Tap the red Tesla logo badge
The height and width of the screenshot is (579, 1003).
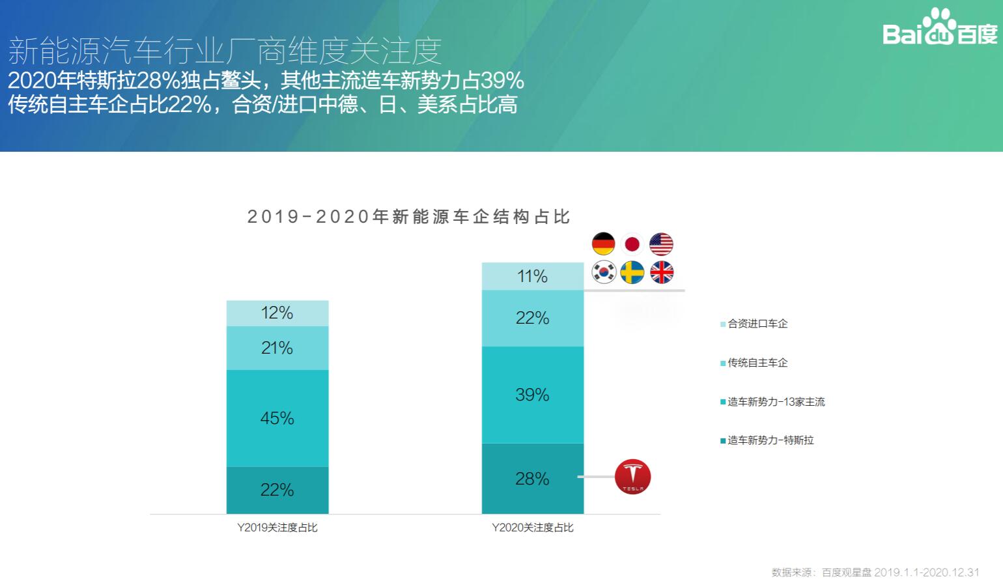coord(632,477)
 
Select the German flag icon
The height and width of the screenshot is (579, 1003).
coord(603,244)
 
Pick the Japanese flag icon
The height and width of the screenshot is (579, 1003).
coord(632,244)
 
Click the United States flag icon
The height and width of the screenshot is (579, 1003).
coord(661,244)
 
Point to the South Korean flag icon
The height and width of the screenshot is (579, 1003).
coord(604,272)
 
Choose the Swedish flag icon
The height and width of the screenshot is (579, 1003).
coord(632,272)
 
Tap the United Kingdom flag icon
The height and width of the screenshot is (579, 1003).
coord(661,272)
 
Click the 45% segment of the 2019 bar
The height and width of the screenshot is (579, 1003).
coord(277,418)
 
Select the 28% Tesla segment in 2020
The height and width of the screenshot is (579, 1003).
coord(532,479)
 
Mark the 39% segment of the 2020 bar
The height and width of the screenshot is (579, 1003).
coord(532,395)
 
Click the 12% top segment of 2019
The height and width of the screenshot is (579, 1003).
coord(277,313)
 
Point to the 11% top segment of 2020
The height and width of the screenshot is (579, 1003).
coord(532,276)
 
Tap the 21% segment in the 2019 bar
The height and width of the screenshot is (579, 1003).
coord(277,348)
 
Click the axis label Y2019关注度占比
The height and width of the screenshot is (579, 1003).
coord(277,528)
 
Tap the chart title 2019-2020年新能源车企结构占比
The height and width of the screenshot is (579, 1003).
coord(409,217)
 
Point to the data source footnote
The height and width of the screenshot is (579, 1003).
coord(875,572)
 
